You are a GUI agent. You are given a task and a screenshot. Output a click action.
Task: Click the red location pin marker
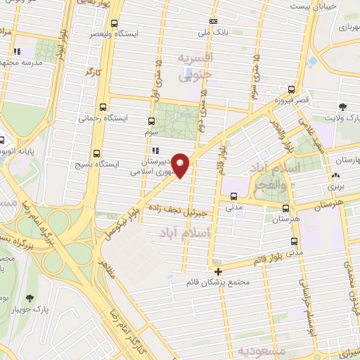(x=181, y=165)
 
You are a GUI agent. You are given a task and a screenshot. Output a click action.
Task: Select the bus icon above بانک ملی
(x=214, y=21)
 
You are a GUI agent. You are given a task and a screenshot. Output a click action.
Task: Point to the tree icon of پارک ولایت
(x=342, y=107)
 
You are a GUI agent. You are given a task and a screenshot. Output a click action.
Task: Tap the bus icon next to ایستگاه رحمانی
(x=103, y=108)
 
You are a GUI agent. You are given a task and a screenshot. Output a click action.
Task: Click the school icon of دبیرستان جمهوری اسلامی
(x=155, y=150)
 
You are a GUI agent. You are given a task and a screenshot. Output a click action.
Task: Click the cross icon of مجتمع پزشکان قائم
(x=218, y=271)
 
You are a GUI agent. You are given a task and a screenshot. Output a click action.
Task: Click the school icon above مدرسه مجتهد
(x=17, y=51)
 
